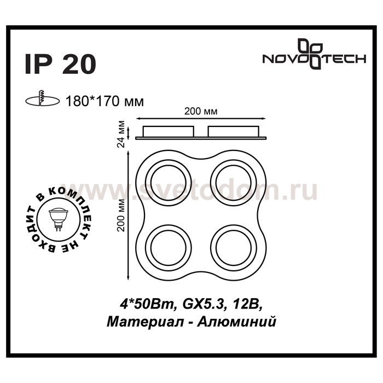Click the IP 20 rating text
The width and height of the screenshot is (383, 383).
60,64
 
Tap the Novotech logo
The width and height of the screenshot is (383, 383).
314,55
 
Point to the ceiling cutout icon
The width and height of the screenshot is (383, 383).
43,99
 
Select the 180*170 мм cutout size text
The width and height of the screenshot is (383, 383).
105,101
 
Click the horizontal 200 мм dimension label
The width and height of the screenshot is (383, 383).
201,112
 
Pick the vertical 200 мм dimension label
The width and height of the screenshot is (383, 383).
121,215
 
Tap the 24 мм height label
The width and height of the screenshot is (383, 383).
121,134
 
